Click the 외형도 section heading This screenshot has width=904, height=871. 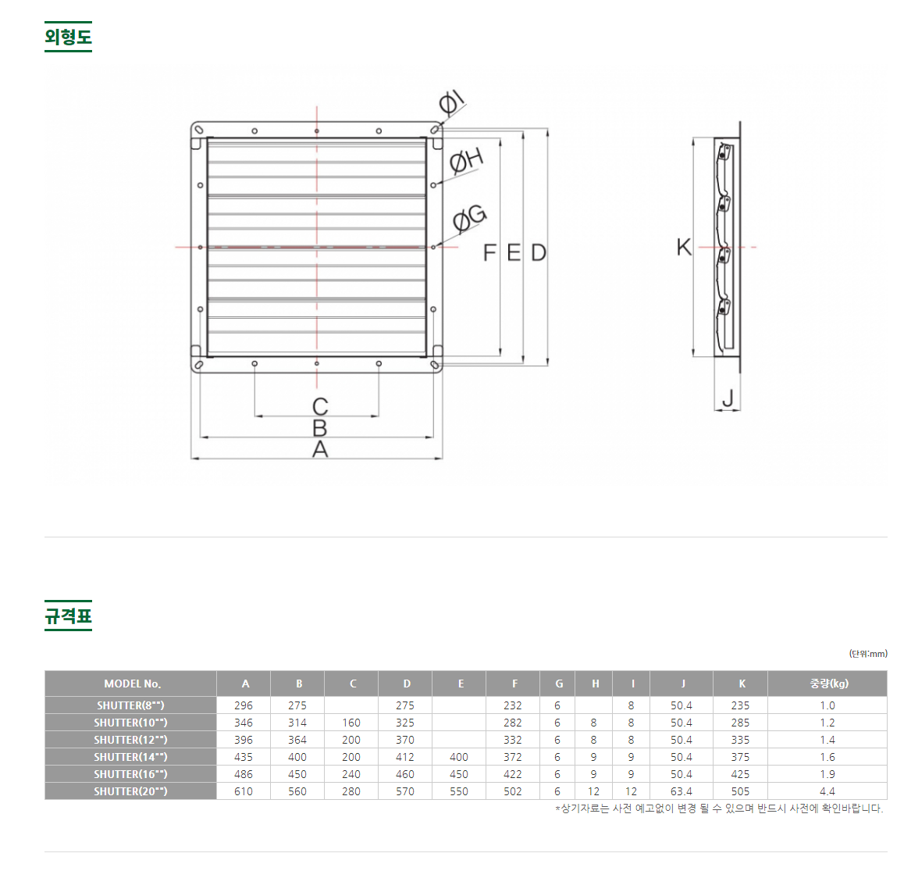coord(68,37)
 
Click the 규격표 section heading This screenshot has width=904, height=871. coord(68,616)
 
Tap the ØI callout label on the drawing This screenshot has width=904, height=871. coord(451,102)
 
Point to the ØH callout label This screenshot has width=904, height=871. coord(466,160)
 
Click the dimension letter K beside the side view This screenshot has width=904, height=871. coord(684,247)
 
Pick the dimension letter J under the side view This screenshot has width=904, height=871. coord(728,398)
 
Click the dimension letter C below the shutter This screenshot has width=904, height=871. coord(320,407)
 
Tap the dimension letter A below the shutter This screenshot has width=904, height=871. coord(320,448)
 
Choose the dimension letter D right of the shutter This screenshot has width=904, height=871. coord(539,252)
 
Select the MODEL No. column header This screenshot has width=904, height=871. coord(132,684)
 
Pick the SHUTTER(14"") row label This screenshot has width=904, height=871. coord(131,757)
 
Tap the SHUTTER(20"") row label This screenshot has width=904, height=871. coord(131,791)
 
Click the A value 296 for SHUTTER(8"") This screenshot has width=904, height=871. coord(244,705)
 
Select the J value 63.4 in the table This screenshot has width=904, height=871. coord(682,791)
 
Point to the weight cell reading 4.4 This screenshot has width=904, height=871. coord(827,791)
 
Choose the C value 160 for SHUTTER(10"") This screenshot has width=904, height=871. coord(351,723)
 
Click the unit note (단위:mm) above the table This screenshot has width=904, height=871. coord(868,654)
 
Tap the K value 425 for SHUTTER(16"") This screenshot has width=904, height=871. coord(740,774)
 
